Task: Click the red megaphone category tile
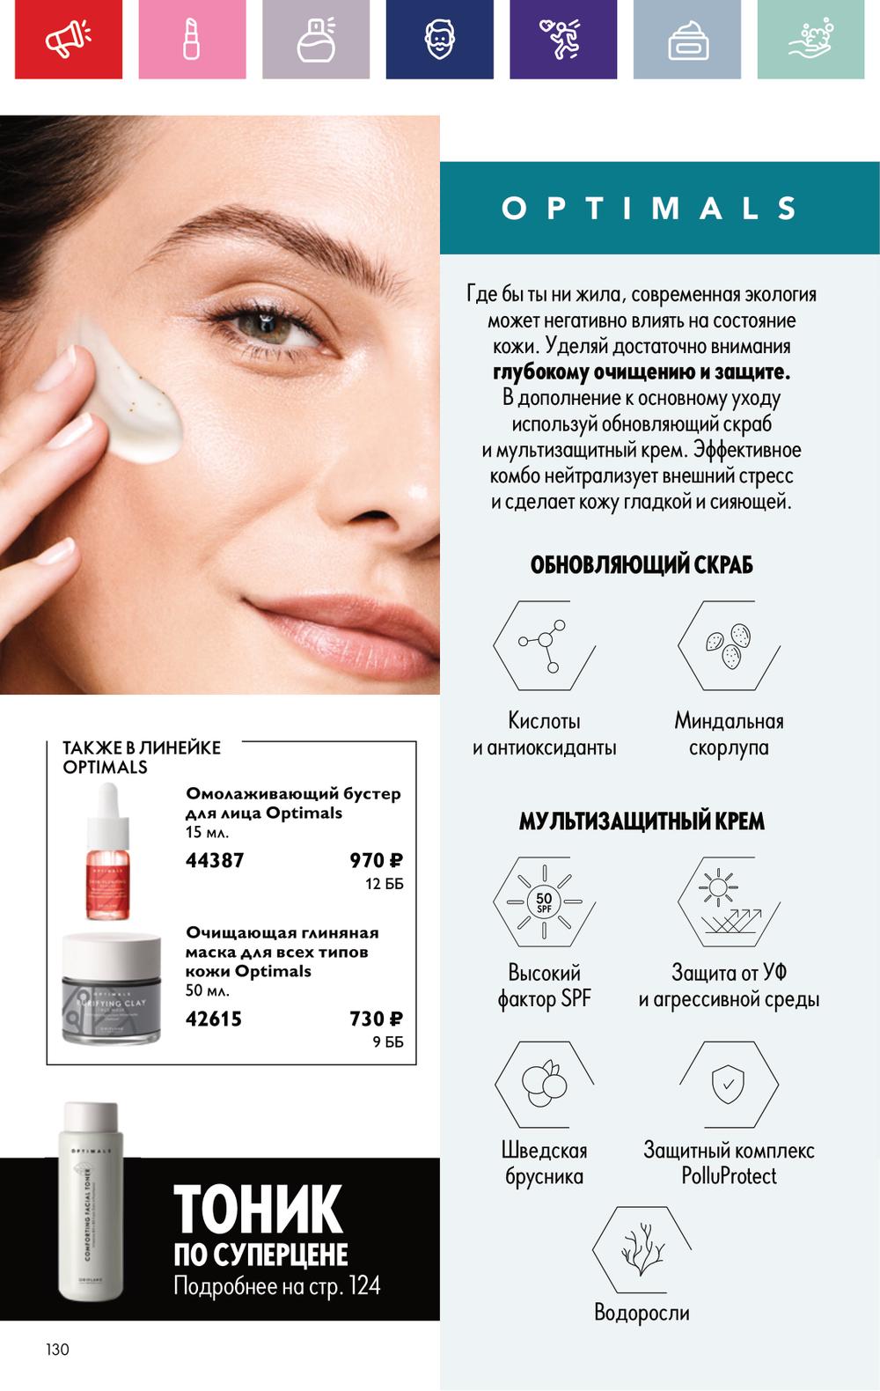[x=69, y=39]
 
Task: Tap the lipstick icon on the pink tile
[x=192, y=39]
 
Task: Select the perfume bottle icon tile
[x=316, y=39]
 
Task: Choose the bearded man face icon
[x=439, y=39]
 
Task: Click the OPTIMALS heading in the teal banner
[x=649, y=208]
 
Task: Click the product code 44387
[x=214, y=860]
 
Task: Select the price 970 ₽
[x=376, y=860]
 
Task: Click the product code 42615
[x=214, y=1019]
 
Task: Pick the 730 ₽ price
[x=376, y=1019]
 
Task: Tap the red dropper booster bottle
[x=108, y=851]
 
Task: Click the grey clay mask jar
[x=111, y=988]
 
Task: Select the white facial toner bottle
[x=91, y=1201]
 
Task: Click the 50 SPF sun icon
[x=544, y=902]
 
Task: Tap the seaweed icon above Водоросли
[x=642, y=1249]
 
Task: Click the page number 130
[x=57, y=1350]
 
